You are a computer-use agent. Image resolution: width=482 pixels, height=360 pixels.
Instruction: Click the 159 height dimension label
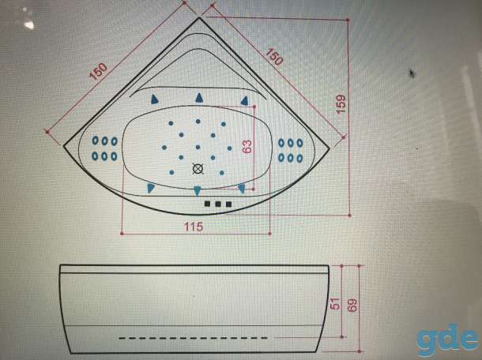341,104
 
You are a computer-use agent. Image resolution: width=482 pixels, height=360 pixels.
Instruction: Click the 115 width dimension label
194,227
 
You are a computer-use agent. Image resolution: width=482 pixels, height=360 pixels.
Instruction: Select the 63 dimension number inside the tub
247,147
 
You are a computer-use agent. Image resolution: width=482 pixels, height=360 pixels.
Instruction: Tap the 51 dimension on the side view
336,303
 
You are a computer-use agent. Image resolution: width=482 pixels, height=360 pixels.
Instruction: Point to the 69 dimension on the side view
352,305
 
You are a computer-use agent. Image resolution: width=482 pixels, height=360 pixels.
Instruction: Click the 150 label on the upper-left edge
98,72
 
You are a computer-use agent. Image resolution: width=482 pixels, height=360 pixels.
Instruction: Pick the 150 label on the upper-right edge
273,57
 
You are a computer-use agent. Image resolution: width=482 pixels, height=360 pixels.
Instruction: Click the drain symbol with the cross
198,169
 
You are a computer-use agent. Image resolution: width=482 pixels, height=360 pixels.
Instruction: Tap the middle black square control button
218,204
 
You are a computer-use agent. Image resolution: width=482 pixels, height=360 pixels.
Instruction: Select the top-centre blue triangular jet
199,98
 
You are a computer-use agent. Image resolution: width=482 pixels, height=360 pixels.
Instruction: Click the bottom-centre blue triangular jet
198,190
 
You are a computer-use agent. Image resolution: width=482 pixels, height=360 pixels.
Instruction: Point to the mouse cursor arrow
412,73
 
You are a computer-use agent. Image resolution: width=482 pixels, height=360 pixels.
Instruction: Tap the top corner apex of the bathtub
199,18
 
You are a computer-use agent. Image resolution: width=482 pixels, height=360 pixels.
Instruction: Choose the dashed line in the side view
193,338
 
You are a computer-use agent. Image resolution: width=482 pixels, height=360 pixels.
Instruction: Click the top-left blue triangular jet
154,99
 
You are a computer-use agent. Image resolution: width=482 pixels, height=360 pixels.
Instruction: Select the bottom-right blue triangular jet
242,188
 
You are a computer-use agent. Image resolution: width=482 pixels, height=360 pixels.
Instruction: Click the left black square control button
208,204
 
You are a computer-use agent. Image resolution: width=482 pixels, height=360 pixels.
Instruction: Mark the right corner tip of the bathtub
329,148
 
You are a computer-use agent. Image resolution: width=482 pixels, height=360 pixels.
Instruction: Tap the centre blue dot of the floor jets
198,147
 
